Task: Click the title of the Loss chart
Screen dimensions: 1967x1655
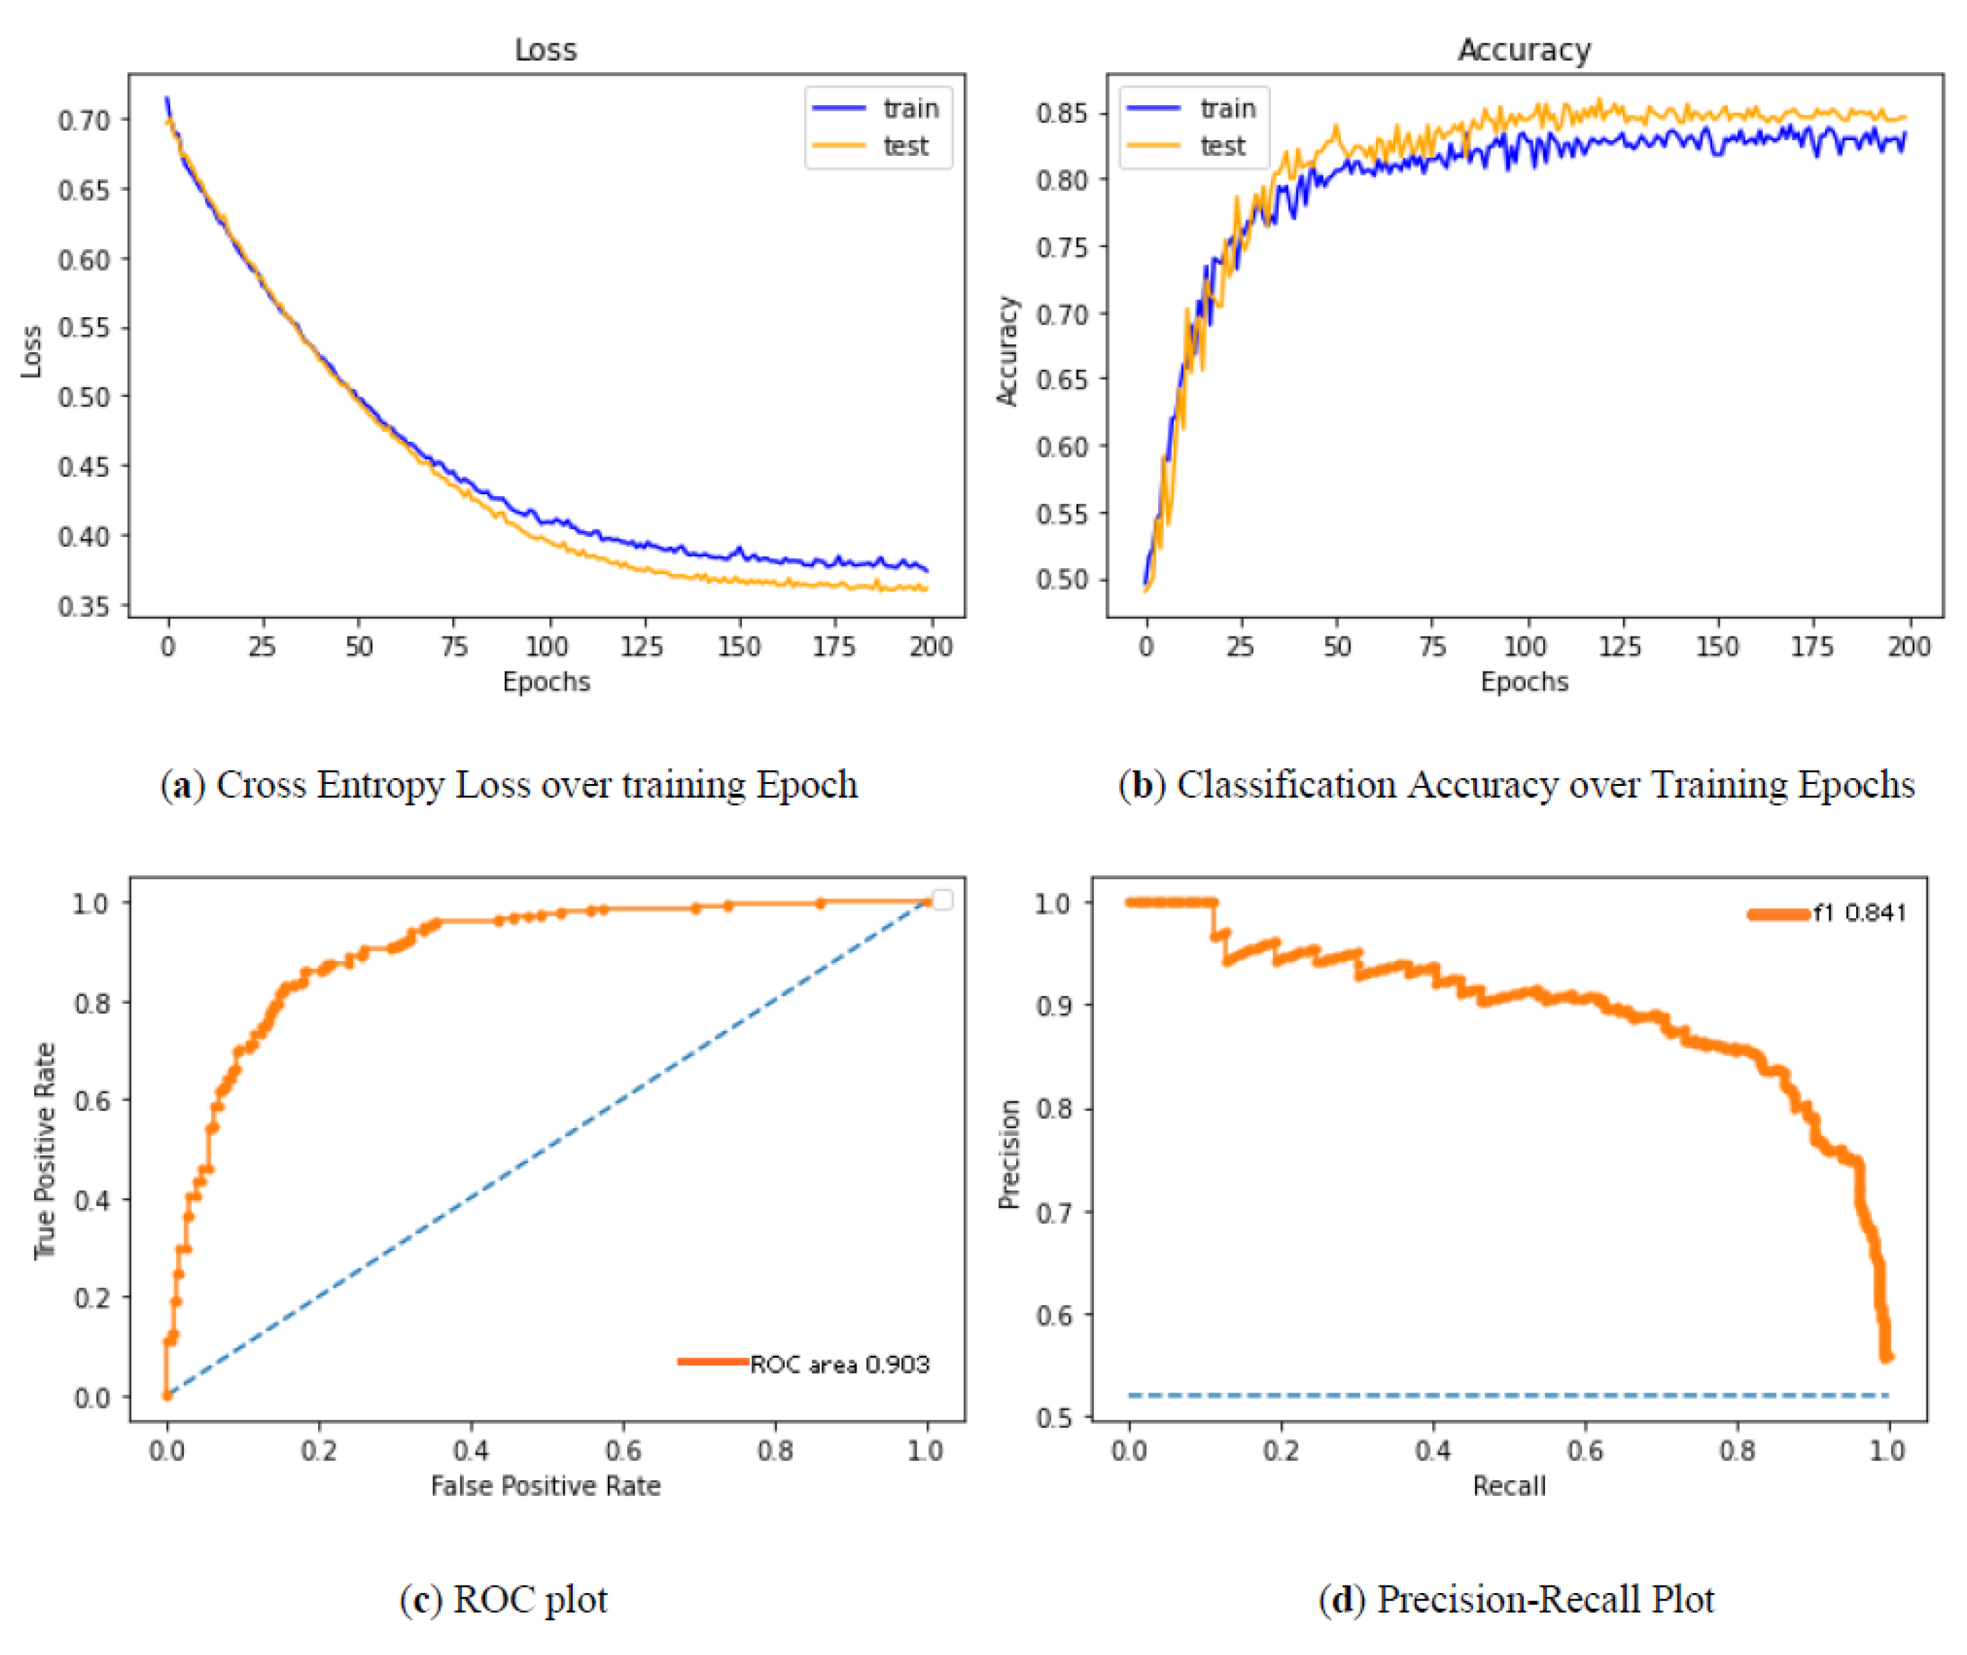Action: tap(545, 49)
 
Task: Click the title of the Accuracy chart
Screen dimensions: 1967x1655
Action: tap(1523, 49)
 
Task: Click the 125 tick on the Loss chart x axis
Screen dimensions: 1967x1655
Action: tap(641, 646)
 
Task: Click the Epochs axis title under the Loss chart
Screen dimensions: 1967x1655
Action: tap(546, 682)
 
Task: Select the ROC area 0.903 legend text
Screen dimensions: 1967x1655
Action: tap(839, 1364)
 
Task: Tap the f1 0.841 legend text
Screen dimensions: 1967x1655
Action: tap(1859, 913)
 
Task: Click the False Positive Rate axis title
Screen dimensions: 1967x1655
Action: tap(545, 1486)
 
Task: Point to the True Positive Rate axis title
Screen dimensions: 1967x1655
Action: tap(44, 1151)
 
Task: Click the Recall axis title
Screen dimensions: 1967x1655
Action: tap(1509, 1486)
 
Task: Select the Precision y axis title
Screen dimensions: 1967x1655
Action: tap(1009, 1154)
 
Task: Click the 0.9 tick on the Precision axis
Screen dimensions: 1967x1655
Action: tap(1051, 1006)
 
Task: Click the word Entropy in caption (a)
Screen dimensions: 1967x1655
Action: tap(381, 785)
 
